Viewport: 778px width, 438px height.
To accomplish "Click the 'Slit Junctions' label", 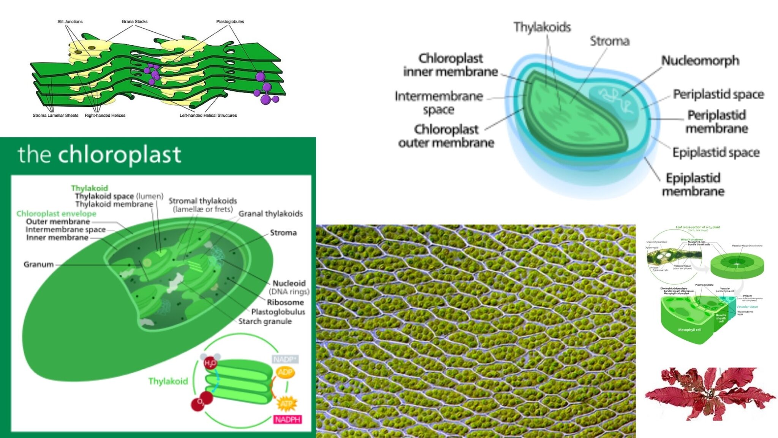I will click(x=70, y=22).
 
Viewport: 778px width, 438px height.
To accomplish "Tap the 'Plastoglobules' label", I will click(x=230, y=22).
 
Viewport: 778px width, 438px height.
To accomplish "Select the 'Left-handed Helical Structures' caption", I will click(x=208, y=116).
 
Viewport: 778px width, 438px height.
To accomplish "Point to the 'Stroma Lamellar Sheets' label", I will click(x=55, y=116).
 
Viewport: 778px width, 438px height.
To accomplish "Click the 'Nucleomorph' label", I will click(x=700, y=60).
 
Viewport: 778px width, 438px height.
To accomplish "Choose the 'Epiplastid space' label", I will click(x=716, y=152).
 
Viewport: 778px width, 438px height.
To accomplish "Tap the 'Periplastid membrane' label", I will click(x=716, y=122).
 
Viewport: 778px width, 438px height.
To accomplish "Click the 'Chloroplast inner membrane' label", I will click(x=451, y=65).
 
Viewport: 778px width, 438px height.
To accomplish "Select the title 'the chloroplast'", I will click(x=100, y=155).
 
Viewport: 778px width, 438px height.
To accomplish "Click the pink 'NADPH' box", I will click(x=288, y=419).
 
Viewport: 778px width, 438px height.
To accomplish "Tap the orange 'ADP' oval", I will click(x=285, y=372).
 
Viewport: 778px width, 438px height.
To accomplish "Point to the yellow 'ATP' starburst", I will click(x=286, y=404).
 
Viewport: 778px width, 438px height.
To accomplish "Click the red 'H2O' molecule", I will click(x=210, y=363).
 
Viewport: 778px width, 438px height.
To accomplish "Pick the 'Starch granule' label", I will click(x=265, y=322).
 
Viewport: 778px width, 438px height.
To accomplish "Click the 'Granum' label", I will click(x=38, y=264).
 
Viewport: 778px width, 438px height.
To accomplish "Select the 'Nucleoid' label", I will click(x=289, y=283).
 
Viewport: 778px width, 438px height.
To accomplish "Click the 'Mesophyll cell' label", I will click(x=689, y=330).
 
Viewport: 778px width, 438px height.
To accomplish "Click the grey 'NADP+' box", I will click(x=285, y=359).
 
